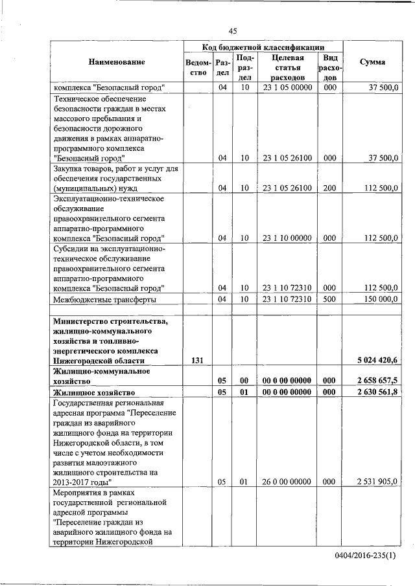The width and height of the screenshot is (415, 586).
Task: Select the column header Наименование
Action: (x=117, y=62)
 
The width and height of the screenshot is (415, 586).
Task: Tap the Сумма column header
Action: (x=372, y=62)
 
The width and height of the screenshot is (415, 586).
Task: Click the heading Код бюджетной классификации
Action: (x=263, y=47)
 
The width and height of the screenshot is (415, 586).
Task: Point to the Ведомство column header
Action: (x=197, y=67)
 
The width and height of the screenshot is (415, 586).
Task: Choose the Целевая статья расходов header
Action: (x=288, y=67)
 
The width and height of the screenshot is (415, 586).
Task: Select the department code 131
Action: (x=197, y=360)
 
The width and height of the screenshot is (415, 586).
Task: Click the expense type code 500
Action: (x=329, y=299)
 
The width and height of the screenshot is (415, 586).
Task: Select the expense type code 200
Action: (x=329, y=188)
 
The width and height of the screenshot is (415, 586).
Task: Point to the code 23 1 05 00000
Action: (x=288, y=87)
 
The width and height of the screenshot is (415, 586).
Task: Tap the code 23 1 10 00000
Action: (x=288, y=238)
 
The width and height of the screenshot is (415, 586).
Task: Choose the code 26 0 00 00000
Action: (x=288, y=482)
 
